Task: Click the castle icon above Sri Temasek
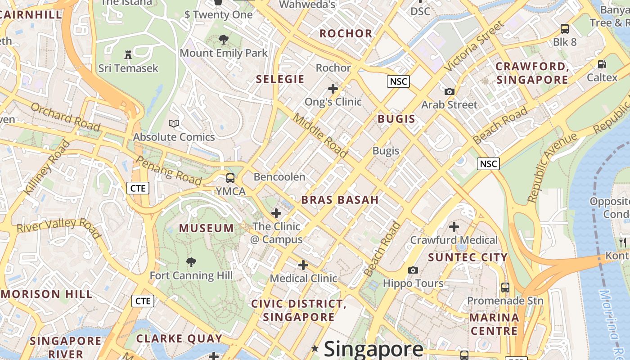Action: [128, 55]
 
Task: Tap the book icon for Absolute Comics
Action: [174, 123]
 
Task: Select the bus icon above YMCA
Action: [230, 178]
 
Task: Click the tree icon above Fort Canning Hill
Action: [191, 262]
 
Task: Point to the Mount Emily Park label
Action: [224, 53]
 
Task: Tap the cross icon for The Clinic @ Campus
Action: [276, 213]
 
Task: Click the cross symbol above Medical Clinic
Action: [303, 265]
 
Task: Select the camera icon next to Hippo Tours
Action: [413, 270]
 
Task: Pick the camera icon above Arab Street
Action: [449, 91]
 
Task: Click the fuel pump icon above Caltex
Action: [602, 64]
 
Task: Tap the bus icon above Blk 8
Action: [565, 29]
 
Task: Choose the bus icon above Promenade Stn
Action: [505, 287]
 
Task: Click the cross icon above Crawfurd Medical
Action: [454, 226]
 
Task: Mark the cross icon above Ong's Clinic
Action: [333, 89]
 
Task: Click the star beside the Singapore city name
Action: [315, 348]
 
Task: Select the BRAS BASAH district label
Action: [340, 200]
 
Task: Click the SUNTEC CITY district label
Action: [468, 257]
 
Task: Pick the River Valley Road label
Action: [58, 227]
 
